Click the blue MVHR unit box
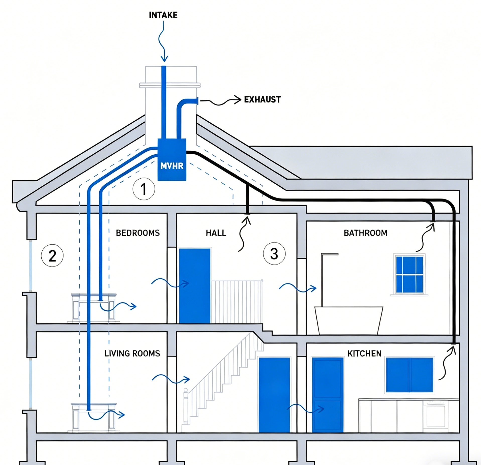point(172,159)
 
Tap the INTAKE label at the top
point(163,15)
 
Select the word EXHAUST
point(262,100)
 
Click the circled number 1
point(144,189)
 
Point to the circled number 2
point(52,256)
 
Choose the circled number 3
point(274,253)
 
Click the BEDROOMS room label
point(138,233)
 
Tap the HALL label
point(216,233)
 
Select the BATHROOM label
point(365,233)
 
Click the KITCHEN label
point(364,353)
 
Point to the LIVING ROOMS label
point(132,353)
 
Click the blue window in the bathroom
point(409,274)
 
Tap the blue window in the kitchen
point(409,375)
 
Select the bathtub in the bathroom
point(349,320)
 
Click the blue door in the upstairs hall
point(195,286)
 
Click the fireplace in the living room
point(94,417)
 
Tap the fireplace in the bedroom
point(94,308)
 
